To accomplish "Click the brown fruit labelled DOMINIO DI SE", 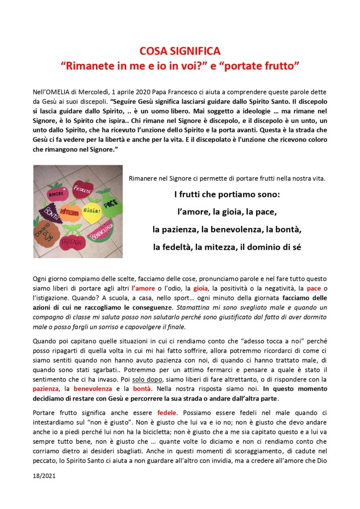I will (x=46, y=234).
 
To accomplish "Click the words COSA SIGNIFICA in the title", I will (x=180, y=52).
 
